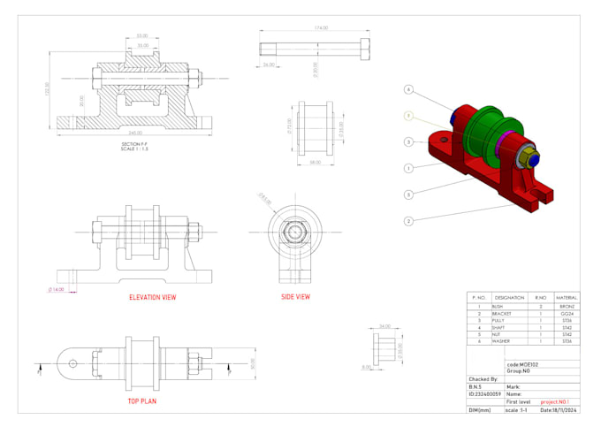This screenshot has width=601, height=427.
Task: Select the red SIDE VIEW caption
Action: click(295, 297)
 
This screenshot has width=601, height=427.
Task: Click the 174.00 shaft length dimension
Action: click(320, 28)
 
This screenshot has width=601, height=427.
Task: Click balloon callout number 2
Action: click(408, 220)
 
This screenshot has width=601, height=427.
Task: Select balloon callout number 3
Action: click(408, 141)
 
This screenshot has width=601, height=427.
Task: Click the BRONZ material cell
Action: click(567, 306)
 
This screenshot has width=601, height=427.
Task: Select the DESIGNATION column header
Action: click(510, 298)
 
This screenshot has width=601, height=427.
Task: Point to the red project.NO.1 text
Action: click(557, 400)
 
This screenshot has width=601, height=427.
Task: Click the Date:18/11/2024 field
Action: click(559, 410)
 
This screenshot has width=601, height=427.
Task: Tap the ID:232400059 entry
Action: click(484, 393)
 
